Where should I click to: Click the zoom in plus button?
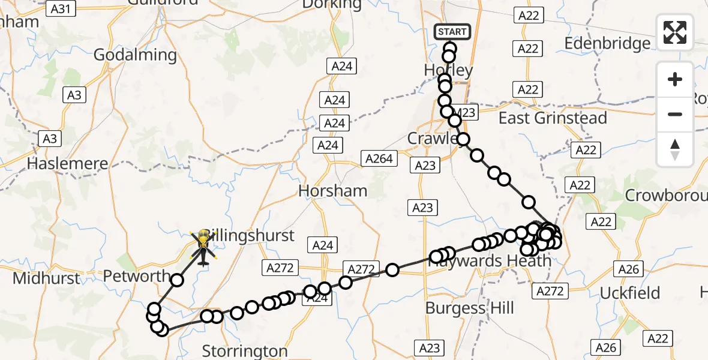675,79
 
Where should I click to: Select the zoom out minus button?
675,114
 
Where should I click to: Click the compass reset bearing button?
675,149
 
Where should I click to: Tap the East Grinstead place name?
553,118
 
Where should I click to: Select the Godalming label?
135,55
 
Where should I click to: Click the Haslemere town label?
67,163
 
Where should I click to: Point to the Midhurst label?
46,278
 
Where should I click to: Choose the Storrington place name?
245,350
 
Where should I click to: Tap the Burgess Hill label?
470,308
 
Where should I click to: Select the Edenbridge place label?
607,43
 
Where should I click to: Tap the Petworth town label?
137,277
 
